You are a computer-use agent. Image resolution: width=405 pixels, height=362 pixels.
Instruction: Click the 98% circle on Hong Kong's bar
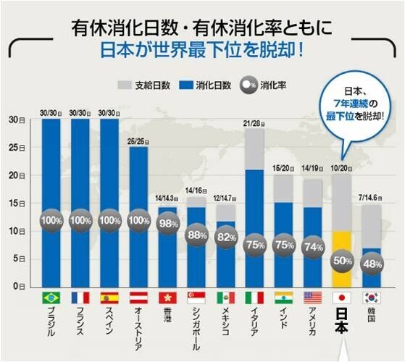tap(168, 223)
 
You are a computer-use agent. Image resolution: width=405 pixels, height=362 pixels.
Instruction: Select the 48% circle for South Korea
tap(372, 264)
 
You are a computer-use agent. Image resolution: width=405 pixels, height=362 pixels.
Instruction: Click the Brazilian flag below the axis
tap(51, 298)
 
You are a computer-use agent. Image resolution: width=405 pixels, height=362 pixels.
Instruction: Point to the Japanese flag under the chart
tap(342, 298)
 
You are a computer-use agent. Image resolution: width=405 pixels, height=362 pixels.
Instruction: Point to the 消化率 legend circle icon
tap(245, 85)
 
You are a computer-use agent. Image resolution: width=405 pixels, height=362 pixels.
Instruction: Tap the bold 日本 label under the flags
tap(341, 319)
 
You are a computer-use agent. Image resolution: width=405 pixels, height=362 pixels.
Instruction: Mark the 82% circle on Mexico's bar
tap(226, 237)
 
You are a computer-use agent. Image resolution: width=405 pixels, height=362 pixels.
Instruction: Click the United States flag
tap(313, 298)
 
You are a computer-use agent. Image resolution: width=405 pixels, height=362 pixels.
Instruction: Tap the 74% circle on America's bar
tap(313, 246)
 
